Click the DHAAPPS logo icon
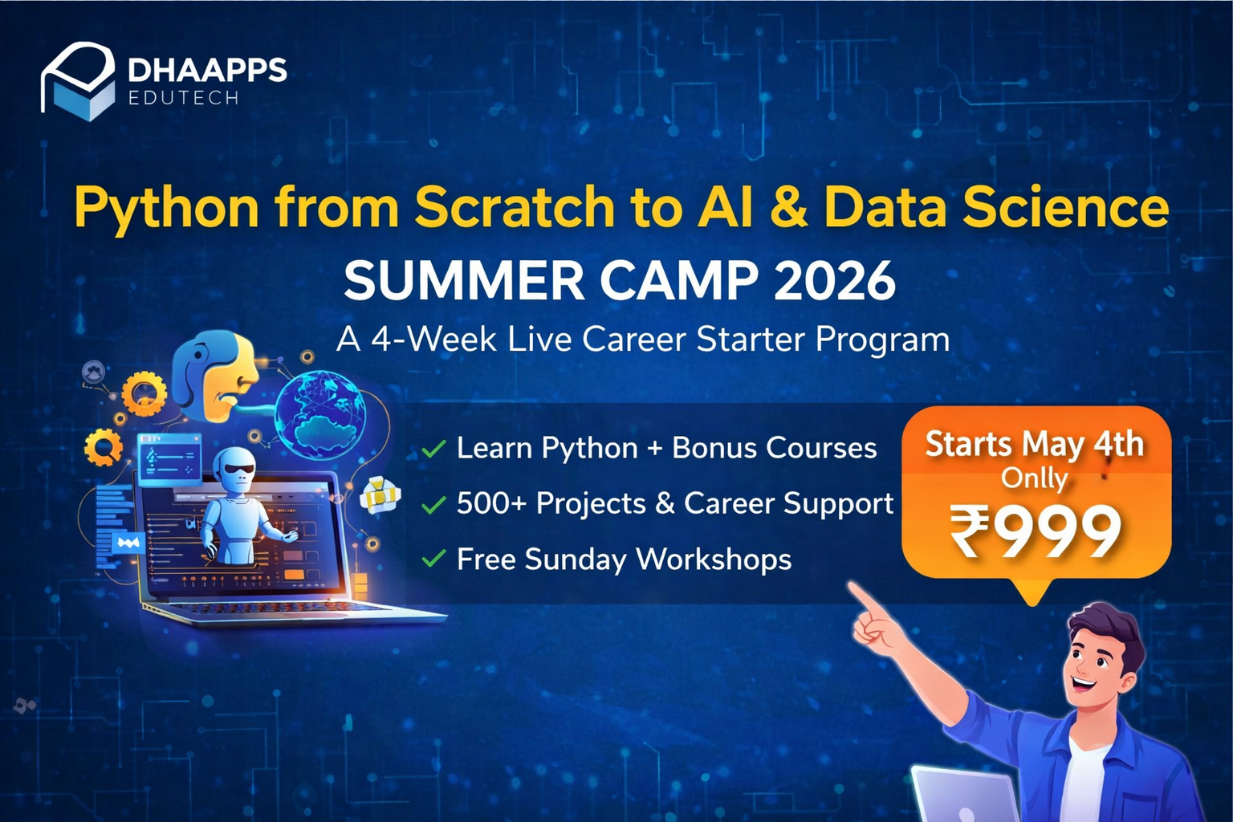click(x=78, y=81)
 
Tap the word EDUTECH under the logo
click(x=184, y=98)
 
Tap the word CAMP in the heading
click(x=678, y=281)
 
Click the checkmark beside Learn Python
click(x=433, y=449)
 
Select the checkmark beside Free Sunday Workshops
click(x=433, y=559)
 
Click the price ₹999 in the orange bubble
click(x=1036, y=531)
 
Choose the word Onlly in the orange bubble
click(x=1034, y=478)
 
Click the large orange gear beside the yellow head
click(x=144, y=395)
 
